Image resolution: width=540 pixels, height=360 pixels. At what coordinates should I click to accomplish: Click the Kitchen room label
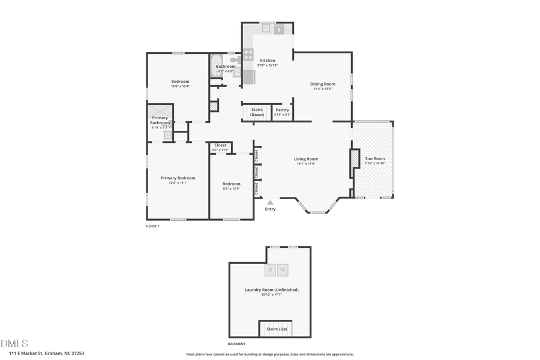point(267,61)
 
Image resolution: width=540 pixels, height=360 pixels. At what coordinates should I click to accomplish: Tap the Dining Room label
point(322,84)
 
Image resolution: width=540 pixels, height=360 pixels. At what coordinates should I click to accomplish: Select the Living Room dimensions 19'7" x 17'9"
point(306,164)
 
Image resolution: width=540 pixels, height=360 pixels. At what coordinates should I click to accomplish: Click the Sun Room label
point(374,158)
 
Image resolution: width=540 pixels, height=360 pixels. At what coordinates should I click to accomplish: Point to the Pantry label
point(282,110)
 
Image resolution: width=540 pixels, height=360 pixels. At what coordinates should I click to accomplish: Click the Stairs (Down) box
point(257,112)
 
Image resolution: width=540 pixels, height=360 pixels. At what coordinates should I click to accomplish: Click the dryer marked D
point(270,270)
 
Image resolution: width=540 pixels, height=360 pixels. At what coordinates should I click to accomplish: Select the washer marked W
point(283,270)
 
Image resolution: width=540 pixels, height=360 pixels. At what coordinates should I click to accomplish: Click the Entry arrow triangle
point(270,203)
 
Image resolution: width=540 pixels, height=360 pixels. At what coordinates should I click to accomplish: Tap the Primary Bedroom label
point(178,178)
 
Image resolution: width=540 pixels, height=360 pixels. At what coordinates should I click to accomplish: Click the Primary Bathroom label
point(160,121)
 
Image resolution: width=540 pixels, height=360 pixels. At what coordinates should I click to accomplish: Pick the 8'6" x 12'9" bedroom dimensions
point(231,189)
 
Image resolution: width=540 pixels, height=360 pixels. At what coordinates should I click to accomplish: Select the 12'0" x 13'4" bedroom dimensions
point(180,86)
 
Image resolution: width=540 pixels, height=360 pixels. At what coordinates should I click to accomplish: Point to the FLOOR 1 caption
point(152,226)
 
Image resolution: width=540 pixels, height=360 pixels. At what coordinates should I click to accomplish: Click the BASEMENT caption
point(236,344)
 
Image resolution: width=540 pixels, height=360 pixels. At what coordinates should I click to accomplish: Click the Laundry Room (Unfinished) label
point(271,290)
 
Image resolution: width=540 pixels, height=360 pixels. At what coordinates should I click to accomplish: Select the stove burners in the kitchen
point(248,55)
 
